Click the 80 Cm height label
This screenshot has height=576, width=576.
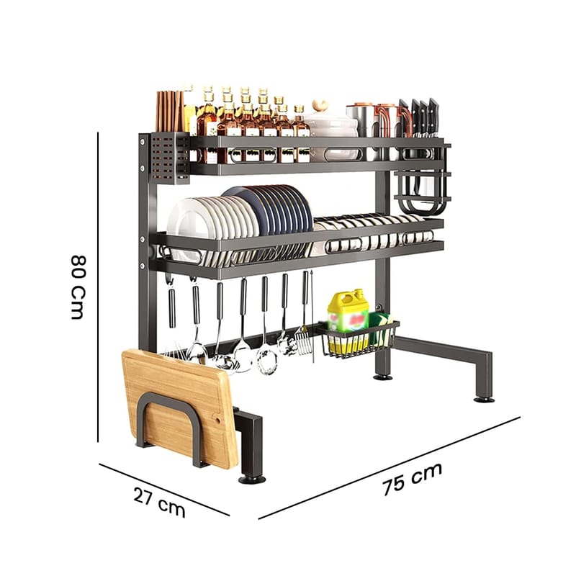tap(78, 287)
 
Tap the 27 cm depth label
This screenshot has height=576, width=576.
tap(159, 501)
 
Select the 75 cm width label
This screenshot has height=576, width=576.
tap(412, 480)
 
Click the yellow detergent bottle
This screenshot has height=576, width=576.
tap(348, 320)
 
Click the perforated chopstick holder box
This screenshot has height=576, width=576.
tap(170, 158)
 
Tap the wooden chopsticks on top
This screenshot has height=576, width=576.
tap(169, 111)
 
